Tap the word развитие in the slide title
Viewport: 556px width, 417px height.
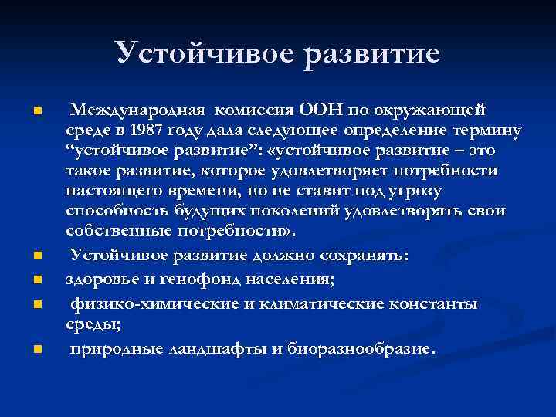pos(371,53)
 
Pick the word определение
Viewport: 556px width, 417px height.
pos(415,129)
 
